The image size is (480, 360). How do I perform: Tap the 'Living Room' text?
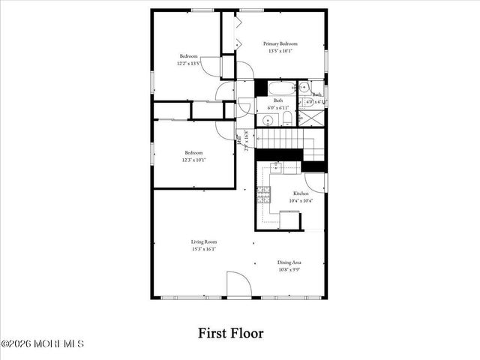[x=203, y=241]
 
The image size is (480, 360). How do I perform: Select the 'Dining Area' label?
[x=289, y=262]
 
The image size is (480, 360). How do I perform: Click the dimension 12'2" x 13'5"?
[x=188, y=64]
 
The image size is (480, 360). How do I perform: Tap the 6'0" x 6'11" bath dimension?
[x=278, y=107]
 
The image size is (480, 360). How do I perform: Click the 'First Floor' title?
[x=230, y=331]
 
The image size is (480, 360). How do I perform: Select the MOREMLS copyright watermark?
[x=43, y=344]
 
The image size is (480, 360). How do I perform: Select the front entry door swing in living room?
[x=238, y=286]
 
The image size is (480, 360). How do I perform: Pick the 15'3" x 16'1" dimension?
[x=203, y=248]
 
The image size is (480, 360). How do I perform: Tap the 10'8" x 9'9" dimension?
[x=289, y=268]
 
